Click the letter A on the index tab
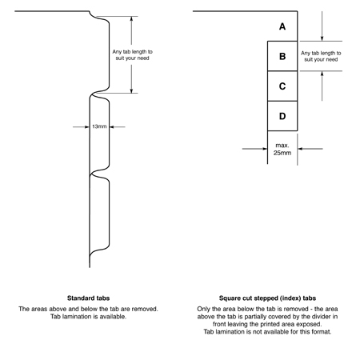[x=282, y=26]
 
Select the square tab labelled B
[x=282, y=56]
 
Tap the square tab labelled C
[x=282, y=86]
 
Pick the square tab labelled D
[x=282, y=116]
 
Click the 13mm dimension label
[x=99, y=126]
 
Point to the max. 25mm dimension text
[x=282, y=149]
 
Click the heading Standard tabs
[x=88, y=298]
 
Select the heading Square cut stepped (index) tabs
[x=267, y=298]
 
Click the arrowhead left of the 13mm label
[x=87, y=127]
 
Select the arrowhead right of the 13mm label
[x=112, y=127]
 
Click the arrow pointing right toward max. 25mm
[x=254, y=149]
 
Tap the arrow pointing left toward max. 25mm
[x=310, y=149]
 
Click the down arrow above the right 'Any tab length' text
[x=322, y=26]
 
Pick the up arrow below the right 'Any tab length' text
[x=322, y=86]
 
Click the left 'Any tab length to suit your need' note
[x=132, y=55]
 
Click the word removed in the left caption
[x=145, y=309]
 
